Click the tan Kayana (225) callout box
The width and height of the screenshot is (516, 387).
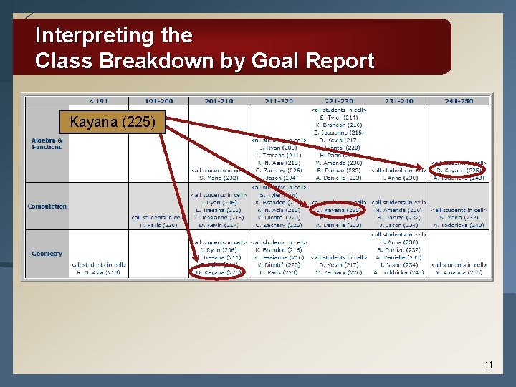tap(113, 122)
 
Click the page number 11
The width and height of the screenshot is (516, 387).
tap(488, 365)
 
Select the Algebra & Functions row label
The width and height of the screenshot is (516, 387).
tap(47, 143)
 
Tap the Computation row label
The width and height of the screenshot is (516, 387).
tap(47, 206)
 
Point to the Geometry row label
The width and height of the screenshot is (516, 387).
tap(47, 253)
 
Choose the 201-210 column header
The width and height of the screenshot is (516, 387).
tap(219, 101)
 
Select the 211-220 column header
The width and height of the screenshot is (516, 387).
tap(279, 101)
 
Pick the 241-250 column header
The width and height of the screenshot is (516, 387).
tap(459, 101)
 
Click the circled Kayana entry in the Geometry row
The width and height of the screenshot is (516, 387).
tap(219, 272)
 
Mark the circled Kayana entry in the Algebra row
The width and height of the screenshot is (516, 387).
tap(459, 171)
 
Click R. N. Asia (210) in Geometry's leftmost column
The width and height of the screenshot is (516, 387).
tap(99, 272)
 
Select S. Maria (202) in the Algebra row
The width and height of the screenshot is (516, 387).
tap(219, 178)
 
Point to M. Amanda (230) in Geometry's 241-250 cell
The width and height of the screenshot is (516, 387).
tap(459, 272)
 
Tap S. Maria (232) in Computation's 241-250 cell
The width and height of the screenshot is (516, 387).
tap(459, 217)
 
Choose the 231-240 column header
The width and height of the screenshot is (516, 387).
tap(399, 101)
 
